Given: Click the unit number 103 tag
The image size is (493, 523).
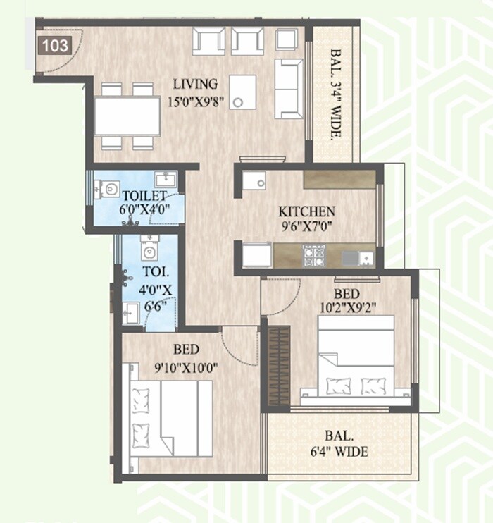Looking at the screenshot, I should [x=56, y=47].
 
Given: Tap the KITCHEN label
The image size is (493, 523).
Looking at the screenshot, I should [x=306, y=211].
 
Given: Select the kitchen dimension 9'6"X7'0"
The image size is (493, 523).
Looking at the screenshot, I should [x=306, y=227].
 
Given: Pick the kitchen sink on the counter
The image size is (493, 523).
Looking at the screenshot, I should [x=358, y=257].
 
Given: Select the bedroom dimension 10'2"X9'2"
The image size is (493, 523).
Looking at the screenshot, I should [x=348, y=307].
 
